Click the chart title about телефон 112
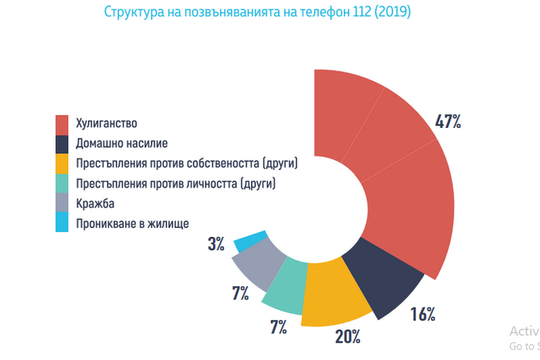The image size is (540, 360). tap(258, 13)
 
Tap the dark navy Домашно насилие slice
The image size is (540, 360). tap(380, 282)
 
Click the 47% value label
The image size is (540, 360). tap(448, 122)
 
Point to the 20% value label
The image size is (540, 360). tap(347, 336)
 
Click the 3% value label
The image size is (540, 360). tap(216, 244)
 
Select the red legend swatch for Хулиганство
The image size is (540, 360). tap(62, 124)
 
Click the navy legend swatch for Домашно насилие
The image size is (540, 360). tap(62, 144)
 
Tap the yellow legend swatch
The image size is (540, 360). tap(62, 164)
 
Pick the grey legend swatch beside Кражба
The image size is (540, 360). tap(62, 203)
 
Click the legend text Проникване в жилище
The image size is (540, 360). tap(133, 223)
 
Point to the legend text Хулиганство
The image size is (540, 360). tap(107, 124)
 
